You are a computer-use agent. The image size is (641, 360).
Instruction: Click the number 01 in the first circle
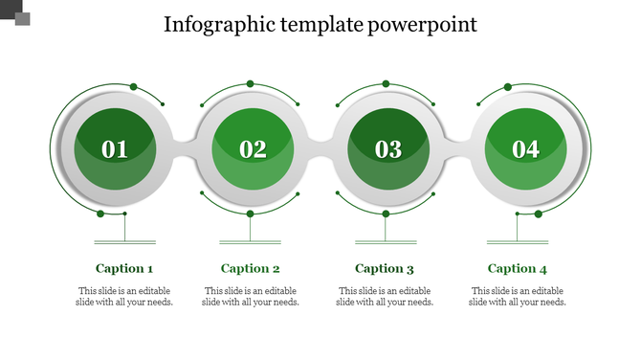pyautogui.click(x=115, y=149)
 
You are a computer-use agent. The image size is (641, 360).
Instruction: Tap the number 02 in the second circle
pyautogui.click(x=253, y=149)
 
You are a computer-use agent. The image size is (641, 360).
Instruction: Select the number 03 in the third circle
pyautogui.click(x=388, y=149)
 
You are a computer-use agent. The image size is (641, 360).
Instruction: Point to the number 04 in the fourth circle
pyautogui.click(x=525, y=149)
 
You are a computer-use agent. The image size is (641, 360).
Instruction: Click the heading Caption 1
pyautogui.click(x=124, y=269)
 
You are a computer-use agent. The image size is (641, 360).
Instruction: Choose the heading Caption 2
pyautogui.click(x=251, y=269)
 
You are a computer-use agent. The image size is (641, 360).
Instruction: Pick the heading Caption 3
pyautogui.click(x=385, y=269)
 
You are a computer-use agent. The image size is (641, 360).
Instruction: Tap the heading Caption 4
pyautogui.click(x=518, y=269)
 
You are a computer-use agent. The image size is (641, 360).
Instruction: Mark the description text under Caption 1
pyautogui.click(x=124, y=297)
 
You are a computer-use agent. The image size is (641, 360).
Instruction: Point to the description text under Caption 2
pyautogui.click(x=251, y=297)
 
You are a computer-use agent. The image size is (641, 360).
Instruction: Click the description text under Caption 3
pyautogui.click(x=385, y=297)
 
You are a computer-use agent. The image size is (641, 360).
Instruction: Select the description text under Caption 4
pyautogui.click(x=518, y=297)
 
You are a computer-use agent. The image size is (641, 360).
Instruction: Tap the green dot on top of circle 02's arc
pyautogui.click(x=251, y=84)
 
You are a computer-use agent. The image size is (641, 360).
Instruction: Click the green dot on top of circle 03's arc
pyautogui.click(x=386, y=84)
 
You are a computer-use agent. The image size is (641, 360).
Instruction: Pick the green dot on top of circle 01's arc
pyautogui.click(x=133, y=87)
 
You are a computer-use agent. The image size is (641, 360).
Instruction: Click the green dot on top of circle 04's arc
pyautogui.click(x=507, y=87)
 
